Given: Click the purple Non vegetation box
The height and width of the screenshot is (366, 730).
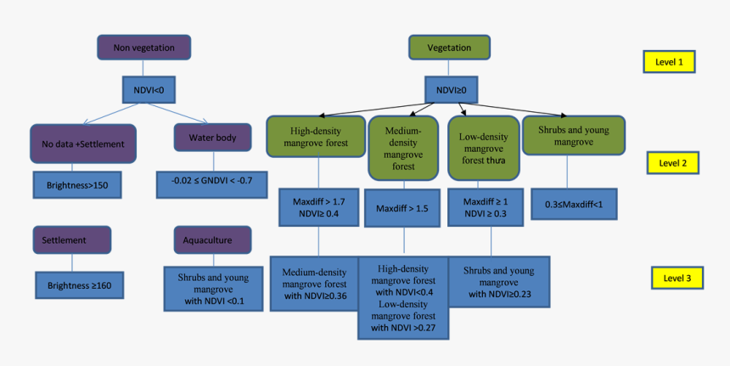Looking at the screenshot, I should (143, 48).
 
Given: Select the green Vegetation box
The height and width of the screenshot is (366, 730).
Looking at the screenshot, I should (449, 48).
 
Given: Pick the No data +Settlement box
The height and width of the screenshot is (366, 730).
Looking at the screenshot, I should (83, 144).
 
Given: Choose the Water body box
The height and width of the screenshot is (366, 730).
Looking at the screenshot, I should (207, 137).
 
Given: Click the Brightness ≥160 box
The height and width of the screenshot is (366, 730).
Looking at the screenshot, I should (79, 285).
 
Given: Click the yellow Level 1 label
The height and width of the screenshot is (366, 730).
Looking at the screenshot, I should (669, 61).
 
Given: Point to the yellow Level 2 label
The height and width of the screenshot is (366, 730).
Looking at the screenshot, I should (672, 162).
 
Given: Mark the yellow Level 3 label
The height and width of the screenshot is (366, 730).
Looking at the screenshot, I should (677, 278).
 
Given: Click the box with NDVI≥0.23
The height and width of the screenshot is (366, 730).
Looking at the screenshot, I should (498, 282).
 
